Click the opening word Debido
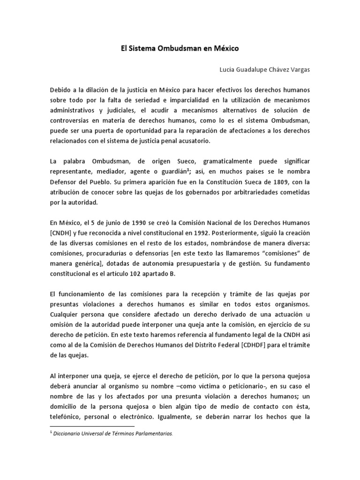click(x=61, y=90)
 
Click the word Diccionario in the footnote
click(x=69, y=434)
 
